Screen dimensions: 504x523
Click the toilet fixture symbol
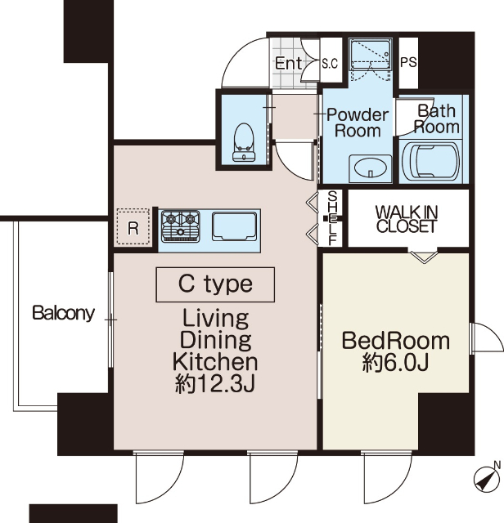point(244,142)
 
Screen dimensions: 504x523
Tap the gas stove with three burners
point(180,226)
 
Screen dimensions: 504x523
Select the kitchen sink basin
point(235,226)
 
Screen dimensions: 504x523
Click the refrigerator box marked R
point(133,227)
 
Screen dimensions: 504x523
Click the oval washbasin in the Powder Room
point(370,168)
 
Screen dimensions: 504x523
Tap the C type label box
point(215,284)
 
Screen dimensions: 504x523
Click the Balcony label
point(64,313)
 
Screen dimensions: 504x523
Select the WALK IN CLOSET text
point(407,219)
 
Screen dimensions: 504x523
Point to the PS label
point(408,62)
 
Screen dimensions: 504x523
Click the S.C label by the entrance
point(330,63)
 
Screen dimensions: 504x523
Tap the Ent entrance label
point(289,63)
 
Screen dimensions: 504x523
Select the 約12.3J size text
point(215,383)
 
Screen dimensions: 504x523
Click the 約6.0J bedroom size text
point(395,362)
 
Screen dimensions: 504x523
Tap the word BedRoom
point(396,341)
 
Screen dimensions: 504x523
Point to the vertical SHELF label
point(333,218)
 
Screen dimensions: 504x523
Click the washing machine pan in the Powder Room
point(370,59)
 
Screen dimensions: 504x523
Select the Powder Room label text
point(358,123)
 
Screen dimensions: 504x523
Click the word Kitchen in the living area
point(215,362)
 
